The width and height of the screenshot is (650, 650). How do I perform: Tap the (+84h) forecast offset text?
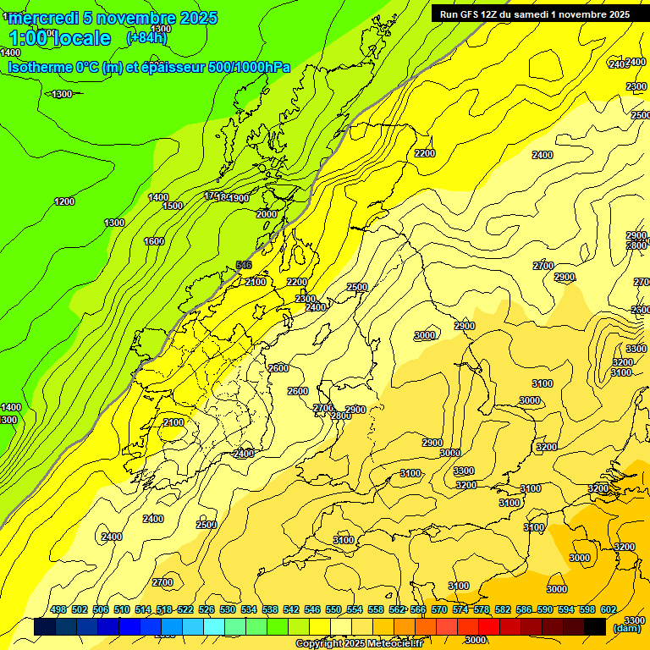[x=146, y=37]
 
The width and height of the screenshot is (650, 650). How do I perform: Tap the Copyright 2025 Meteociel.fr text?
[x=359, y=644]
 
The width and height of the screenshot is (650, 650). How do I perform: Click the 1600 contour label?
[x=154, y=241]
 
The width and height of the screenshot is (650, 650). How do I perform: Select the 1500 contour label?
[x=173, y=206]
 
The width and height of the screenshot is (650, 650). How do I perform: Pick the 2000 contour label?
[x=266, y=214]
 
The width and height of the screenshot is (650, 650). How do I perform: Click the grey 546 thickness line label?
[x=244, y=265]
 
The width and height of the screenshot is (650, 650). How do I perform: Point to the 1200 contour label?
[x=64, y=201]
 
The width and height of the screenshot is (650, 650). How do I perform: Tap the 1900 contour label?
[x=240, y=198]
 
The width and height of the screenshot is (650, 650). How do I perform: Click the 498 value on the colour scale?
[x=58, y=610]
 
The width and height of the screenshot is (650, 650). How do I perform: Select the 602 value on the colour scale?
[x=608, y=610]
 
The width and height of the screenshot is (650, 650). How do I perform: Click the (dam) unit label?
[x=626, y=627]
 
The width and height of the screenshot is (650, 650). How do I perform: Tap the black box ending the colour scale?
[x=595, y=627]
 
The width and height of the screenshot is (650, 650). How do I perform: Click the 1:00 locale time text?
[x=60, y=38]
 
